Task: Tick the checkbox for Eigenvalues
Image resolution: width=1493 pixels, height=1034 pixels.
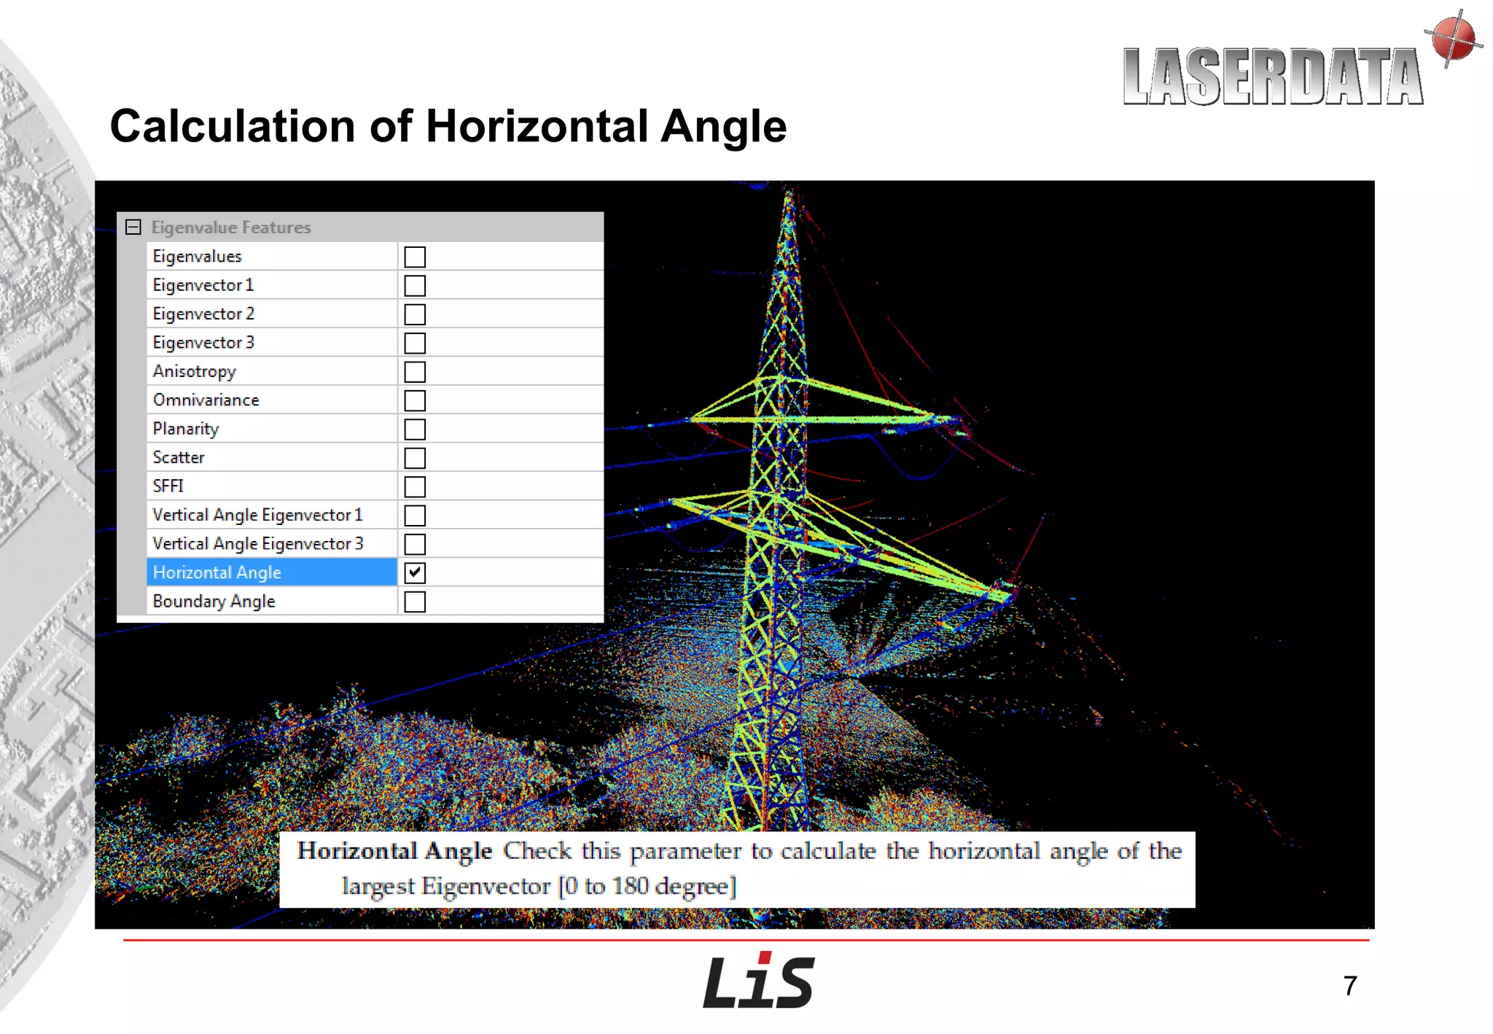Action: (415, 257)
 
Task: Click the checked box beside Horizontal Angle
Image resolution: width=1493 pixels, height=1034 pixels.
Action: (415, 572)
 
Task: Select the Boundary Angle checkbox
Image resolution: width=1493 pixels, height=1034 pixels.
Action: (415, 602)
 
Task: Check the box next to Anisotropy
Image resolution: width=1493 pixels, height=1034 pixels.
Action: (415, 372)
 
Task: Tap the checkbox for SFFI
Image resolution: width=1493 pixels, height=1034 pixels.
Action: (415, 486)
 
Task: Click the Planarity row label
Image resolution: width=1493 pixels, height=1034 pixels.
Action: (186, 429)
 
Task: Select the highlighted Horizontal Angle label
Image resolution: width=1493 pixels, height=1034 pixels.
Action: (217, 572)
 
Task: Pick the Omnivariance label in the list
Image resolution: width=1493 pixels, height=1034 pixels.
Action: (206, 400)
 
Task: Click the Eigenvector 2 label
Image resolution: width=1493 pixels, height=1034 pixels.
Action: (203, 314)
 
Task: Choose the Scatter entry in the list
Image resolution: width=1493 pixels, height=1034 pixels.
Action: (179, 458)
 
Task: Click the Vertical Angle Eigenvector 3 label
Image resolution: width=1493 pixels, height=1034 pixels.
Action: (258, 544)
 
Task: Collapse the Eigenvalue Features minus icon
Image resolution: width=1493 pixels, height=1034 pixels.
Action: (133, 228)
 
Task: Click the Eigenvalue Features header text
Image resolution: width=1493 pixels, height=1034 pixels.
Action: (231, 228)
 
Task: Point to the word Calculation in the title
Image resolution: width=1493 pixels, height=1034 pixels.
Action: (233, 127)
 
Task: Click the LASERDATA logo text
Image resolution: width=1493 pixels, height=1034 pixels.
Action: (1272, 77)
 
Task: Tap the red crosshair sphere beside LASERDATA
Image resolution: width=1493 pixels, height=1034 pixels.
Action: (1453, 37)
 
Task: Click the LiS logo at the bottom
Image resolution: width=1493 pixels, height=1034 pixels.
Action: (758, 981)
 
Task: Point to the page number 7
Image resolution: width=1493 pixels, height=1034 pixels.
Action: (1350, 986)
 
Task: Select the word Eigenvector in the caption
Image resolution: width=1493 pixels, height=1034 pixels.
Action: (486, 886)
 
